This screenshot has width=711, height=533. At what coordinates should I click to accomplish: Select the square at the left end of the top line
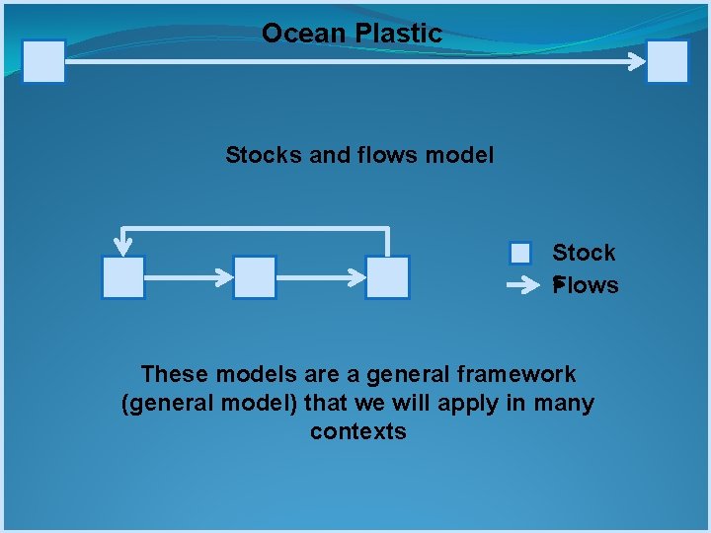tap(43, 61)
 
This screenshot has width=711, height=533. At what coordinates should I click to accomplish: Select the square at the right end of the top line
tap(668, 61)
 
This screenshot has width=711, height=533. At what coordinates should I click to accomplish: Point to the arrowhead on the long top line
tap(637, 61)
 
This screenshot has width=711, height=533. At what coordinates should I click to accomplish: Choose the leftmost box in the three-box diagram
tap(123, 277)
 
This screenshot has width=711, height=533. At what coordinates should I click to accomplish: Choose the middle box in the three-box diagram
tap(255, 277)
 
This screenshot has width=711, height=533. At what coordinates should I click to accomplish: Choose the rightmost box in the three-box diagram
tap(387, 277)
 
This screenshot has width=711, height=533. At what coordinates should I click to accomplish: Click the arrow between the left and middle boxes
tap(189, 277)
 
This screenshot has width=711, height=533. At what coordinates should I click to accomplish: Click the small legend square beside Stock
tap(520, 254)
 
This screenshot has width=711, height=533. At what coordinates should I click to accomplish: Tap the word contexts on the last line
tap(357, 431)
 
